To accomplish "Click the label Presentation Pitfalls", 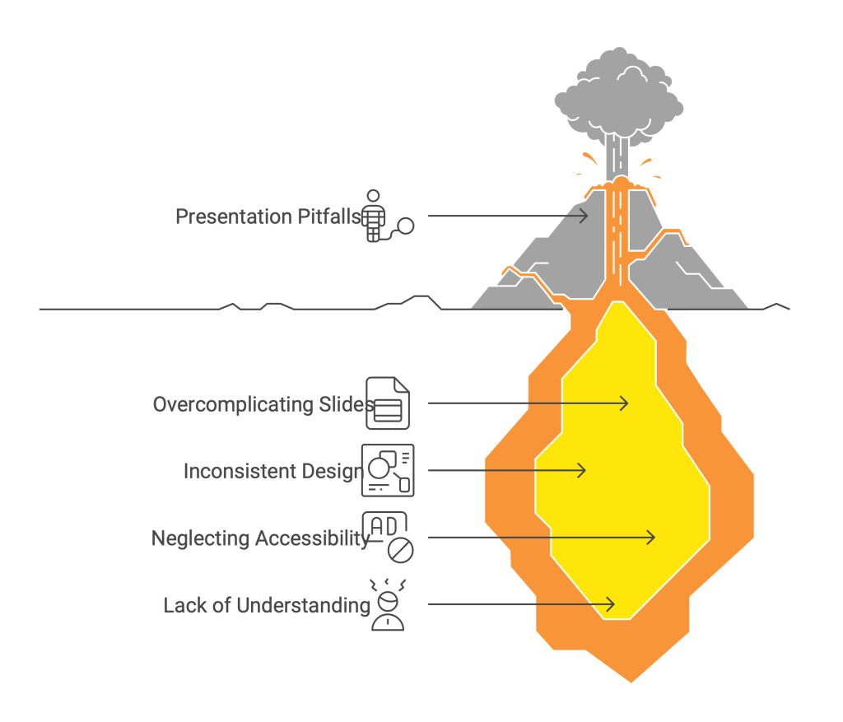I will tap(268, 217).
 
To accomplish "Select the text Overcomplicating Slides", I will tap(263, 404).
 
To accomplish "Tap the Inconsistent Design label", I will tap(273, 472).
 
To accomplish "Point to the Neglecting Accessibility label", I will tap(260, 538).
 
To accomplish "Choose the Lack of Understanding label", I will tap(267, 606).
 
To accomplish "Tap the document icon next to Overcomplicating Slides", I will tap(388, 403).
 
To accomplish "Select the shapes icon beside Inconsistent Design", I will tap(389, 470).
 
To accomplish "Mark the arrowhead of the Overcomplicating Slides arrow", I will tap(625, 403).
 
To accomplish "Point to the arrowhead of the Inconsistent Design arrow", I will tap(582, 471).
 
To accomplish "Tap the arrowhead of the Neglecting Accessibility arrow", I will tap(650, 538).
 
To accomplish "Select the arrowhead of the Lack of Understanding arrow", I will tap(610, 605).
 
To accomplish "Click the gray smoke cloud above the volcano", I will tap(618, 96).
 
